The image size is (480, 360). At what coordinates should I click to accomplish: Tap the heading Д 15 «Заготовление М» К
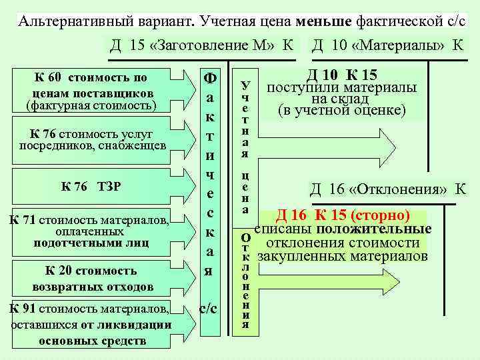pyautogui.click(x=202, y=45)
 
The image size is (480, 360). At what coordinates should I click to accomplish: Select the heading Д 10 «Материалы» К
pyautogui.click(x=388, y=45)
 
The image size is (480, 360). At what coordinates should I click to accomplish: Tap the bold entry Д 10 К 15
pyautogui.click(x=342, y=76)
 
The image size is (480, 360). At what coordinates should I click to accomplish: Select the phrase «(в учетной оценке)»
pyautogui.click(x=342, y=110)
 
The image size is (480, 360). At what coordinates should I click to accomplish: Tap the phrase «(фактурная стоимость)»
pyautogui.click(x=90, y=105)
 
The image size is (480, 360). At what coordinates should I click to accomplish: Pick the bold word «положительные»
pyautogui.click(x=387, y=229)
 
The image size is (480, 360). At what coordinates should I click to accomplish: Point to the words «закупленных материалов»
pyautogui.click(x=343, y=255)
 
